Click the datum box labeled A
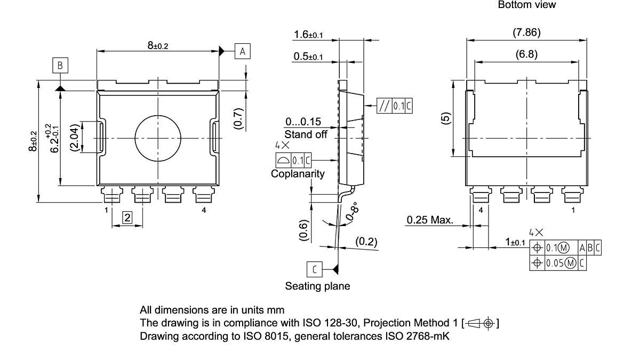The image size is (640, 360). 242,51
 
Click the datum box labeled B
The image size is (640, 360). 60,66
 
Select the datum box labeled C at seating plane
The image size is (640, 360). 315,269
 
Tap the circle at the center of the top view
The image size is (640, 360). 158,139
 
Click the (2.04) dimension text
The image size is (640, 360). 75,139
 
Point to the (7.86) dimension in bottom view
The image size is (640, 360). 526,33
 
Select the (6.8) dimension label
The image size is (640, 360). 526,54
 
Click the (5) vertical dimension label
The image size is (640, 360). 446,118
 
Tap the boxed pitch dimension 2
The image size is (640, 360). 127,217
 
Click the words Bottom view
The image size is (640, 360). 526,5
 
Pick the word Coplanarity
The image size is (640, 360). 298,174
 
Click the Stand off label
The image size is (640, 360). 306,134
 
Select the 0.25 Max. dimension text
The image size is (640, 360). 430,220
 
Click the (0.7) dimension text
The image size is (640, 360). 238,118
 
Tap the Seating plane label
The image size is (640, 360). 317,286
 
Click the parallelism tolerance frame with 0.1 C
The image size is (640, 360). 394,106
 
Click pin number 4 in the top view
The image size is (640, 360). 204,210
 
